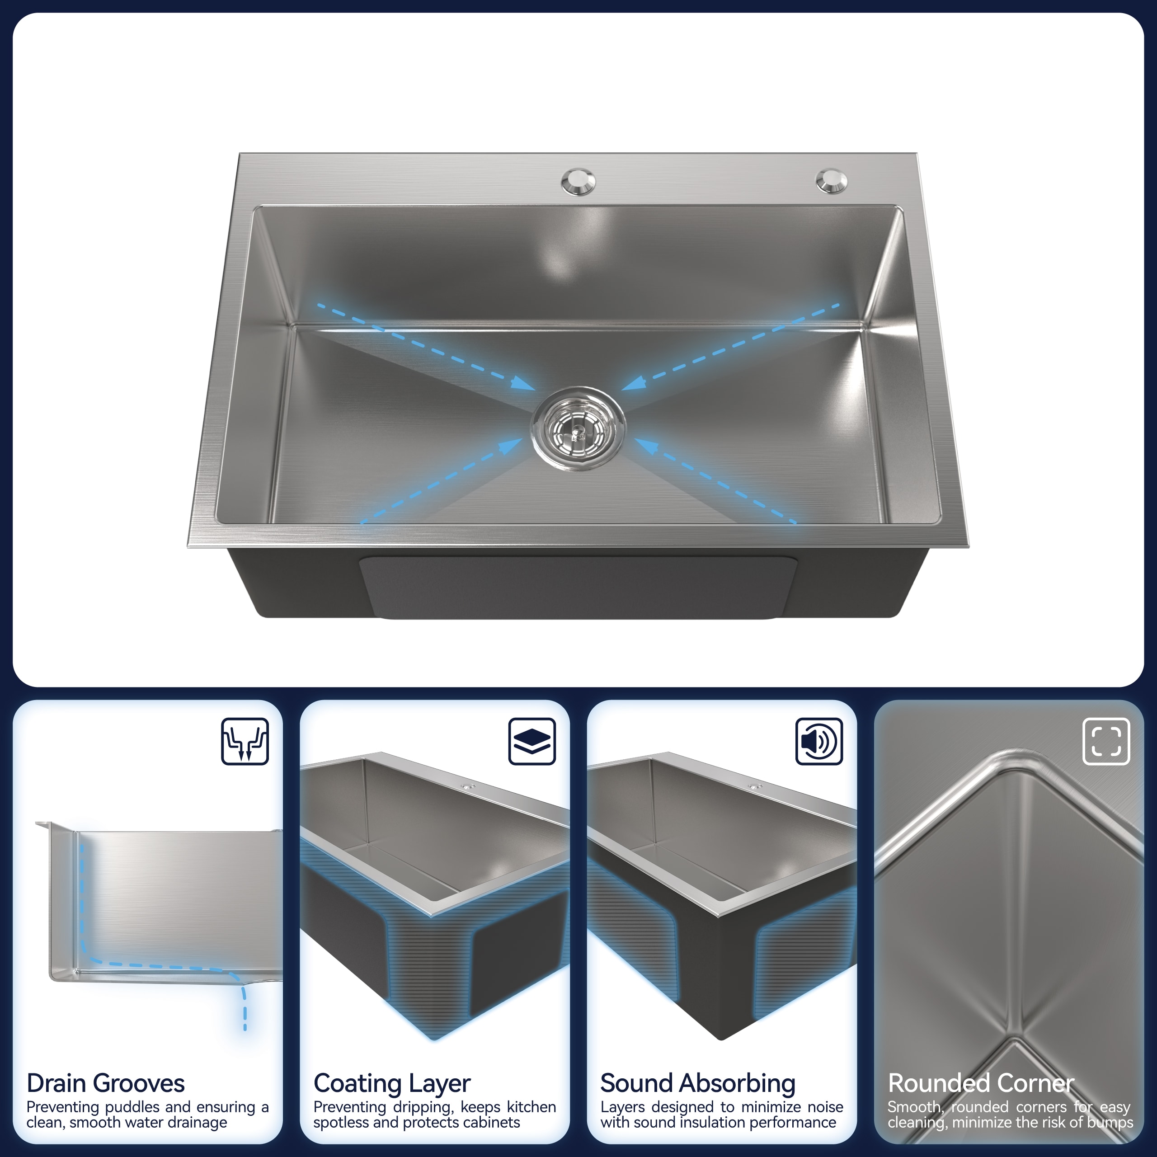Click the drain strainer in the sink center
578,428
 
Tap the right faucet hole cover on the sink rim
831,181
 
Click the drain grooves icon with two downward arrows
245,741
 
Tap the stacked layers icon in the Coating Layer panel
532,741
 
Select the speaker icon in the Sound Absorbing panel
818,741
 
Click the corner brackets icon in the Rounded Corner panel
1106,741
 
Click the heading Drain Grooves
105,1083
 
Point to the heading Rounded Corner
981,1083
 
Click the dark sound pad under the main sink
578,587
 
